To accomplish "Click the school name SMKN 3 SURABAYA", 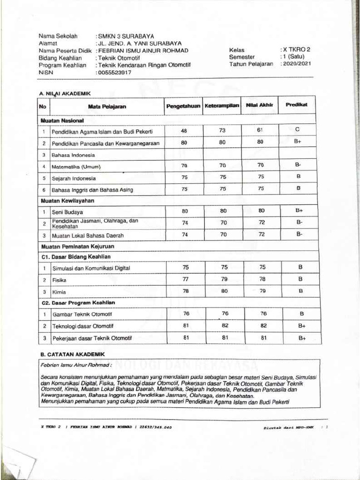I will [x=125, y=36].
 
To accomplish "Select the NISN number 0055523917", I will [x=114, y=73].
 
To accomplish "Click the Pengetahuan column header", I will [x=183, y=106].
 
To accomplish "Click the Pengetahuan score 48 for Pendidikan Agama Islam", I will [x=184, y=131].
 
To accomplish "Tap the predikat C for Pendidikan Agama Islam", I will [x=297, y=129].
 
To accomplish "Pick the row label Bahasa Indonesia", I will [x=74, y=155].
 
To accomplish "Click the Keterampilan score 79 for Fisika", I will [x=224, y=279].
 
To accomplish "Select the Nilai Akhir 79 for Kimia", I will [x=262, y=291].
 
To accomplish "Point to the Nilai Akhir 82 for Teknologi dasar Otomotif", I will [x=263, y=325].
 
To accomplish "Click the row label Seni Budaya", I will [x=67, y=212].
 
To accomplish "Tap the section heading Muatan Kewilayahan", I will [x=68, y=201].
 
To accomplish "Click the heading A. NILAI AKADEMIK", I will [x=65, y=94].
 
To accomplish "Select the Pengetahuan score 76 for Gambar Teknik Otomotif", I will [x=186, y=314].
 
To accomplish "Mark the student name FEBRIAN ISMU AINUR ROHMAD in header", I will [x=142, y=51].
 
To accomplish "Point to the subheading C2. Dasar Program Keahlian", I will [x=78, y=302].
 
